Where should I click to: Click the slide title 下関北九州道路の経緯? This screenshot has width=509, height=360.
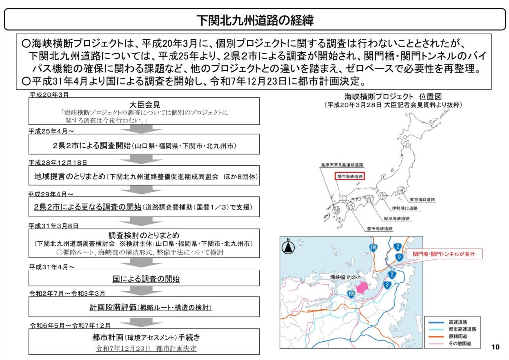click(x=254, y=20)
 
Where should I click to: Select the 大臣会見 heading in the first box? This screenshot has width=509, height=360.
click(x=144, y=105)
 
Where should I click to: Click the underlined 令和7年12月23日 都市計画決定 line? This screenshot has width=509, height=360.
click(x=146, y=348)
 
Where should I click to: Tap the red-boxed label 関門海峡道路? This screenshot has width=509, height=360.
click(x=350, y=176)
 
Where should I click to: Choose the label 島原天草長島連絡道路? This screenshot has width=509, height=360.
click(x=342, y=164)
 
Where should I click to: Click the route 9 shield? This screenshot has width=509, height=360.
click(x=399, y=257)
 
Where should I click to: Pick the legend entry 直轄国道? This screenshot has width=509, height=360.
click(x=458, y=336)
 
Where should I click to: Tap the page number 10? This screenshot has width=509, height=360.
click(x=495, y=347)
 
